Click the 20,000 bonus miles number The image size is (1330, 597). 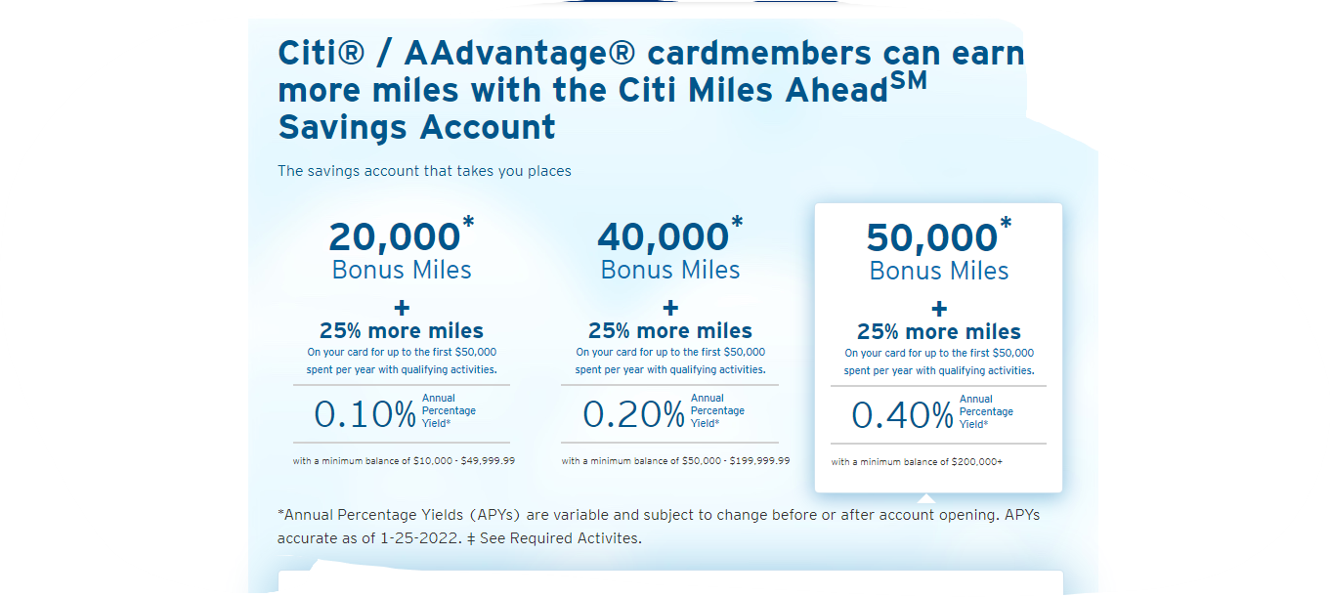click(x=395, y=236)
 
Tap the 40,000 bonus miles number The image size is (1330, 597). click(x=664, y=236)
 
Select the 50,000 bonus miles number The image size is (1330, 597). click(x=932, y=238)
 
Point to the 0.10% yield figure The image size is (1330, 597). click(x=365, y=414)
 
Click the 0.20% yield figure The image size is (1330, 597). click(x=633, y=414)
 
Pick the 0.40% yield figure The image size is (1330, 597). click(x=903, y=415)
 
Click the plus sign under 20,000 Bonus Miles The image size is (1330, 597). click(x=402, y=308)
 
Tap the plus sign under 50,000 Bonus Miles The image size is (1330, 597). click(x=939, y=309)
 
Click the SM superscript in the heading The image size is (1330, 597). click(x=909, y=81)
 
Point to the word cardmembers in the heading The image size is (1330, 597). click(x=758, y=54)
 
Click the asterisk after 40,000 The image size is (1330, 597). click(x=737, y=222)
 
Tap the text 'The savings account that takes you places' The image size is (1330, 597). click(x=424, y=171)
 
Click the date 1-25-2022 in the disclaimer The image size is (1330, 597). click(x=420, y=538)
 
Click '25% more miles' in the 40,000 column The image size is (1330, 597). click(x=670, y=330)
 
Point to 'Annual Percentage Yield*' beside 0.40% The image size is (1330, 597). click(x=986, y=412)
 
